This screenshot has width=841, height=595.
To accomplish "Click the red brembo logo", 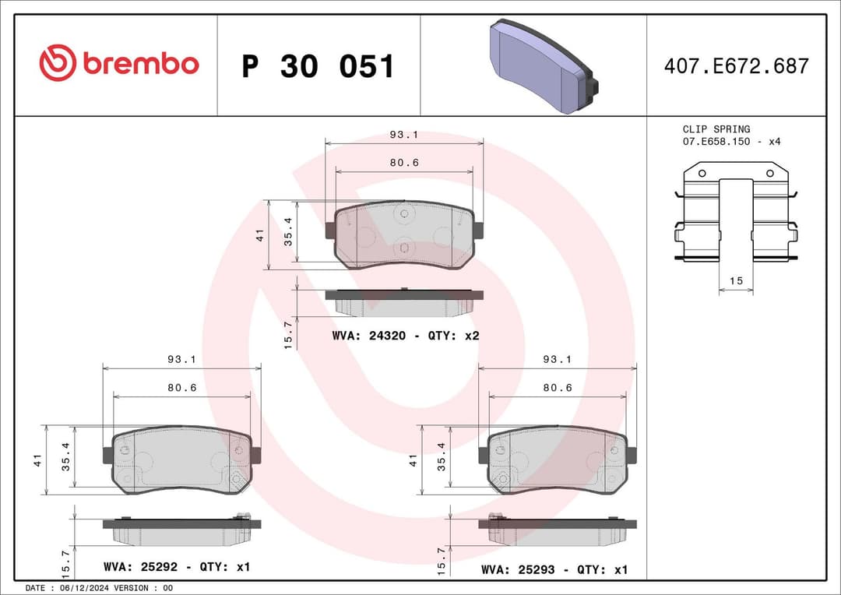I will point(119,64).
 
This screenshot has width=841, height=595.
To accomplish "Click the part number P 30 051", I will point(318,67).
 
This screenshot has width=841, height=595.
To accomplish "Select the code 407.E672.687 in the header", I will point(736,66).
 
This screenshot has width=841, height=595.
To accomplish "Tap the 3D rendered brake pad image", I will point(543,67).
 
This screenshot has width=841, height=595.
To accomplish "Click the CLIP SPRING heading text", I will point(716,129).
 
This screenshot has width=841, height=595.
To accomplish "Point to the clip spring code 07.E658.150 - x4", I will point(731,142).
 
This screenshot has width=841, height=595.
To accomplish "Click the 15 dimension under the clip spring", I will point(736,281).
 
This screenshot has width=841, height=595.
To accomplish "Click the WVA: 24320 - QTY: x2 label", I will point(405,336).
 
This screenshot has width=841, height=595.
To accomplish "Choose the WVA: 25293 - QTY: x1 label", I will point(554,570).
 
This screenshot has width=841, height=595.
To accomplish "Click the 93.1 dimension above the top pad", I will point(404,135).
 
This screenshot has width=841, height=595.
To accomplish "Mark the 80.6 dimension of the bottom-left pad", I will point(182,388).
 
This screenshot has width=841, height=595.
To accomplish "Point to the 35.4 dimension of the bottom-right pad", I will point(441,457).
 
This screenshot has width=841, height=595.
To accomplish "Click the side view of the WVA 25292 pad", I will point(182,531).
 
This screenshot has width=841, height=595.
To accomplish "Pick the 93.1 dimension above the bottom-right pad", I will point(557,360).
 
